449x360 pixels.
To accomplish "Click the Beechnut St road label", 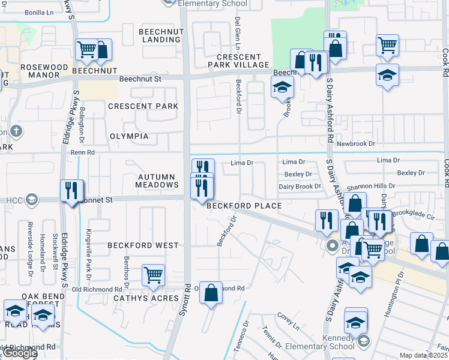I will [140, 79].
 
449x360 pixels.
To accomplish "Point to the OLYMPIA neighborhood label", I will [129, 136].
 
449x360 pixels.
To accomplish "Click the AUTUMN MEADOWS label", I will [158, 181].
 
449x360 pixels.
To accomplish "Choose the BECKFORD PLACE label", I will [244, 206].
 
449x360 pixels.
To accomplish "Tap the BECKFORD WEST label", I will [143, 245].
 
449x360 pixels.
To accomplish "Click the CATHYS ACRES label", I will [142, 298].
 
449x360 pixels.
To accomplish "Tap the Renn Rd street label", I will [83, 152].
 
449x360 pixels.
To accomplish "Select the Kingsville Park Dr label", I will [88, 248].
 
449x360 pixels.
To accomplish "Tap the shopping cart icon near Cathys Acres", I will [153, 275].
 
